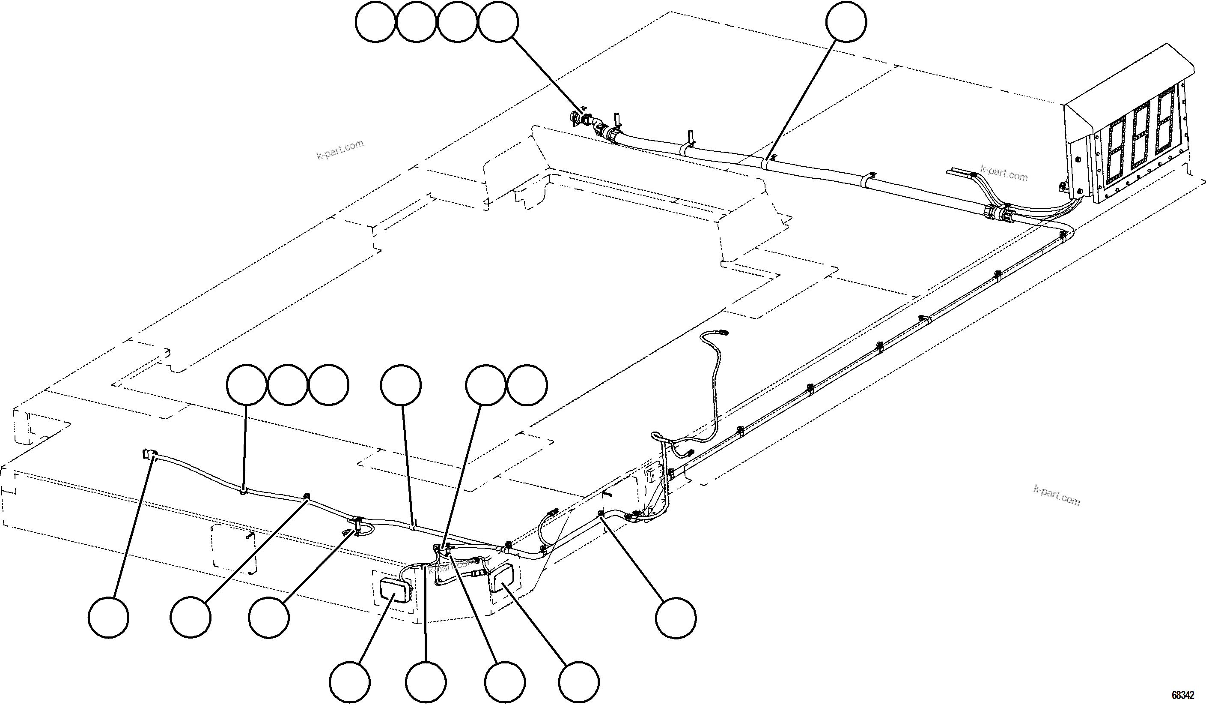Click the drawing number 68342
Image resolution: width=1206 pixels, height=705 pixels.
coord(1182,694)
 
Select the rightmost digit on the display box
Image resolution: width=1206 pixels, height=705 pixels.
coord(1164,126)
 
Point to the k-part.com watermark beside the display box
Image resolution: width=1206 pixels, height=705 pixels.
coord(1004,174)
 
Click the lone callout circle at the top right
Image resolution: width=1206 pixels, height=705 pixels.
coord(846,22)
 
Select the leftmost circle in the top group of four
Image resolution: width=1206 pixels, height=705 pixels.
coord(376,22)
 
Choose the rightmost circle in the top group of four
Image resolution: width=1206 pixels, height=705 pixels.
coord(498,22)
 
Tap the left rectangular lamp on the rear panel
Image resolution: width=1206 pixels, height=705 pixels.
coord(393,590)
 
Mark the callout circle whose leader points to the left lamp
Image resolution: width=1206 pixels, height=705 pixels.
coord(350,682)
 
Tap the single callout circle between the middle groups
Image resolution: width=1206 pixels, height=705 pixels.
coord(401,385)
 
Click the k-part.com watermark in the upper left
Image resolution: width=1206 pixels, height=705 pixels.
coord(340,150)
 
